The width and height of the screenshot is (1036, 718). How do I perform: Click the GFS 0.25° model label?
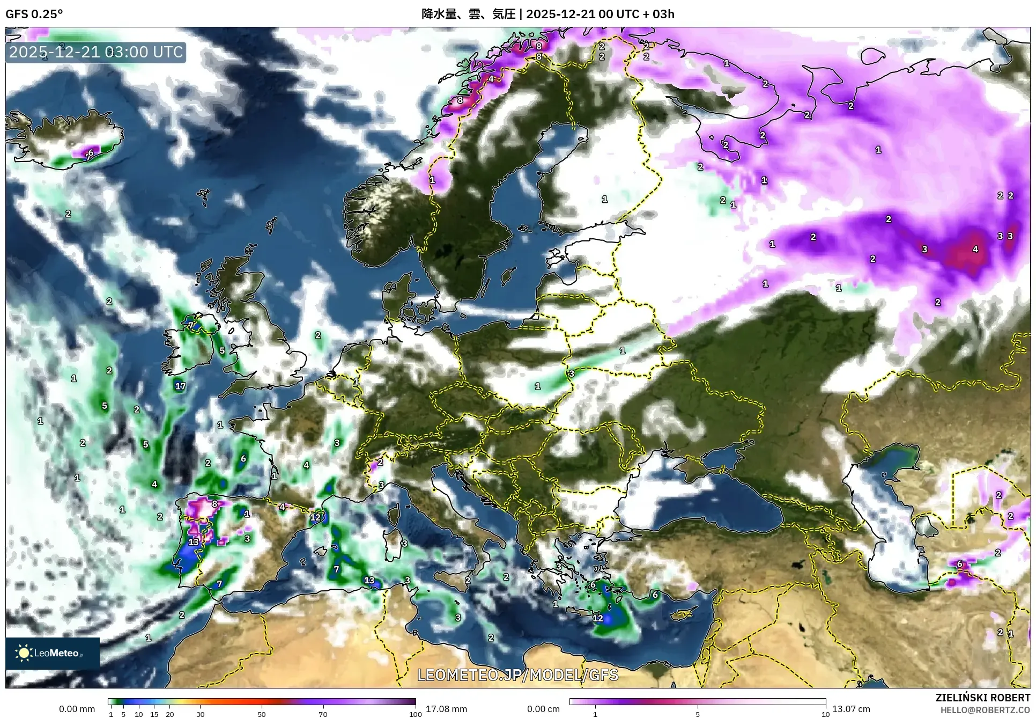[34, 14]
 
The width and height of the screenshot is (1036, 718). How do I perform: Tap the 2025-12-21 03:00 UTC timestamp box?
[96, 52]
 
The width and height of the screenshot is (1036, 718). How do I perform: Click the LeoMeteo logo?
[52, 653]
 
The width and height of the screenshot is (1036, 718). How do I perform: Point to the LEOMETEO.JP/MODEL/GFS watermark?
[517, 675]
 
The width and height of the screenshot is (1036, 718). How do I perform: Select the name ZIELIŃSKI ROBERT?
[982, 698]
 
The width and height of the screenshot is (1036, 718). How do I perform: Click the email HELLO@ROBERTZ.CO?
[985, 710]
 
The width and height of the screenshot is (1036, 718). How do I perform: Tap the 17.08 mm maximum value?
[446, 709]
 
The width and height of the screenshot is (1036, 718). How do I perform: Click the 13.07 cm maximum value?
[851, 709]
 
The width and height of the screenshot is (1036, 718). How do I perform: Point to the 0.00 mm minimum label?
[77, 709]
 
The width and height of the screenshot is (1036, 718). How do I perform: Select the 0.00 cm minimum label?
[543, 709]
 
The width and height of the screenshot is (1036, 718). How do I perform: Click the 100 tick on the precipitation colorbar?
[415, 714]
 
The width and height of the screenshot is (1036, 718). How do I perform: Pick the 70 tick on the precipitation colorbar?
[323, 714]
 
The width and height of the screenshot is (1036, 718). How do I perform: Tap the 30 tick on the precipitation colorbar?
[200, 714]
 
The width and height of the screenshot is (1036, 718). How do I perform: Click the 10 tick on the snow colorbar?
[825, 714]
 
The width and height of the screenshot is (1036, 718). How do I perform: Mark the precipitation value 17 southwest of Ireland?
[180, 386]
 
